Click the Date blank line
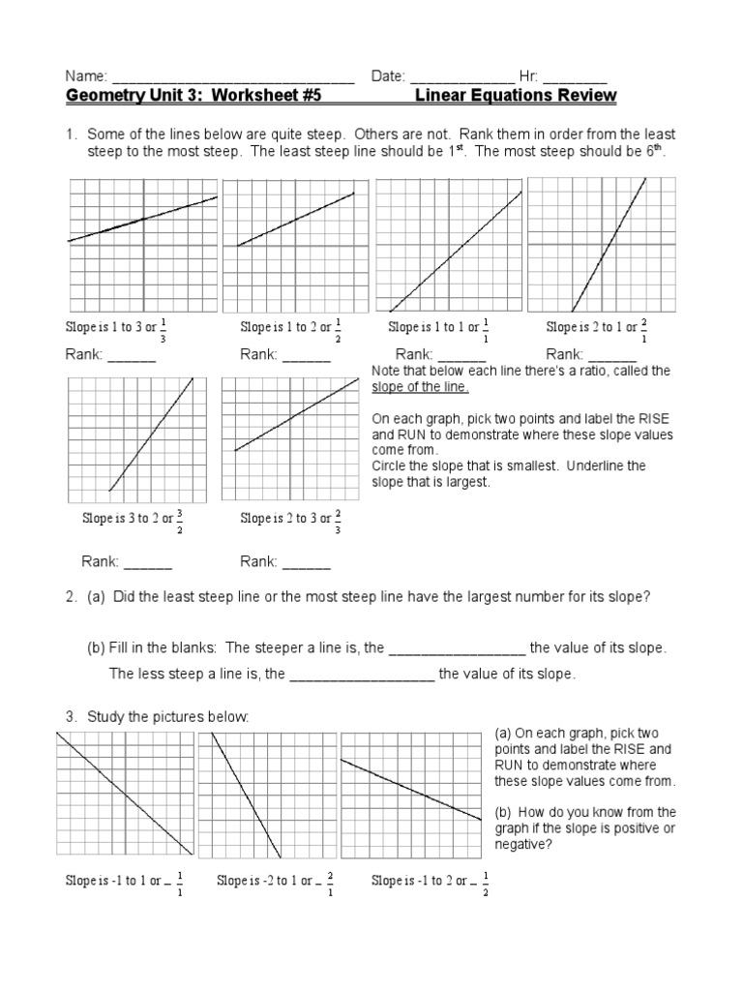pos(462,78)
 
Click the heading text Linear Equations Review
pos(515,96)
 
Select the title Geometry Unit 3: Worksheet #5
pos(193,96)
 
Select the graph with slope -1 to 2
pos(411,795)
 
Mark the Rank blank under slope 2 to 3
pos(307,562)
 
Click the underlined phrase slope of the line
pos(420,387)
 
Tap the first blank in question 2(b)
pos(457,648)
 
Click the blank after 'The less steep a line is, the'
pos(362,675)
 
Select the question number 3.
pos(71,717)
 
